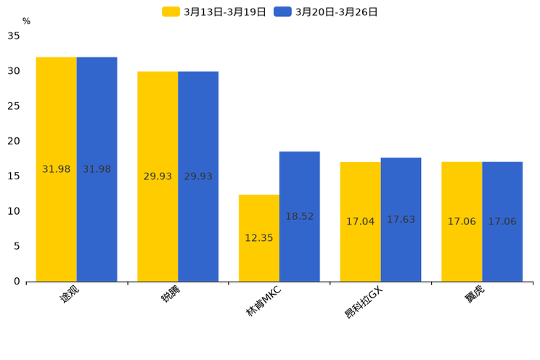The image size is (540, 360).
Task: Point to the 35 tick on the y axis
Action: click(14, 36)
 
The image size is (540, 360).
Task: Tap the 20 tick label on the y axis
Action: click(14, 141)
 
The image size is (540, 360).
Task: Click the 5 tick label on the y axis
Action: click(17, 246)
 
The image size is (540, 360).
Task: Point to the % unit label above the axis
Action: click(26, 21)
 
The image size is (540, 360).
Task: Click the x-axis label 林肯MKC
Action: click(263, 301)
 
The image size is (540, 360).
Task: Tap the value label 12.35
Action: click(259, 237)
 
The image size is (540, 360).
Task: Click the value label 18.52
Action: click(300, 216)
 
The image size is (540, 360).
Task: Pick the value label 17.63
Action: click(401, 219)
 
